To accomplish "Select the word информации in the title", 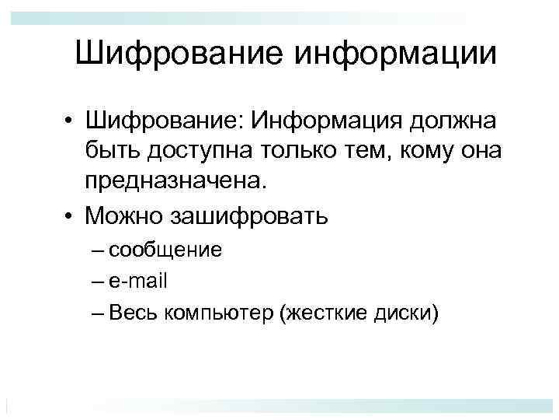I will [x=393, y=54].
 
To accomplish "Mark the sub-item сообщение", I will [x=165, y=250].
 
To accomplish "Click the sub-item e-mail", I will [x=139, y=280].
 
